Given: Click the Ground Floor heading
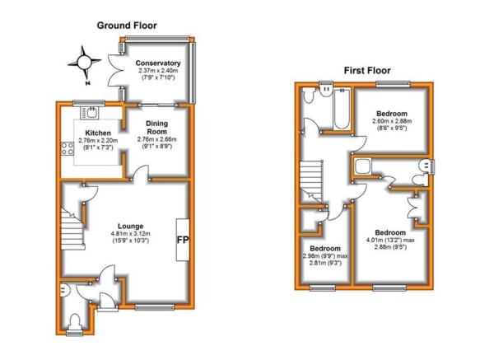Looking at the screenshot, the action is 127,26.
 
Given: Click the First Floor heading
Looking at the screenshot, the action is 367,70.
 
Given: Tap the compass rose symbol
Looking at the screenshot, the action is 84,63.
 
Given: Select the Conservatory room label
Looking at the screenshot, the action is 158,63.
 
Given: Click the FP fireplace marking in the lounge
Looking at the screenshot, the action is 183,240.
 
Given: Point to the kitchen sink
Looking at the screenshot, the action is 90,113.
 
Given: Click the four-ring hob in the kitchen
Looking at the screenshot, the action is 68,149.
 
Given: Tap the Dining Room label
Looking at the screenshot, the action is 157,128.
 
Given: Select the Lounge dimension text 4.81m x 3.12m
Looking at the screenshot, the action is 130,234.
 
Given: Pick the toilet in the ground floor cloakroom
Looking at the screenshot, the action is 75,322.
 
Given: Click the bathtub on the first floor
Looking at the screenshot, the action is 342,109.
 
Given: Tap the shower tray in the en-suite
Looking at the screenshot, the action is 362,166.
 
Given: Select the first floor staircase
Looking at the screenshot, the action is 311,182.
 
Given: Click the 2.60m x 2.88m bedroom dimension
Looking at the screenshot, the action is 392,121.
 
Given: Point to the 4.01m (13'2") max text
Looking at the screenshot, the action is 390,240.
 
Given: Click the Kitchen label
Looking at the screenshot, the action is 98,133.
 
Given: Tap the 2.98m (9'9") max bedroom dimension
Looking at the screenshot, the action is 325,255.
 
